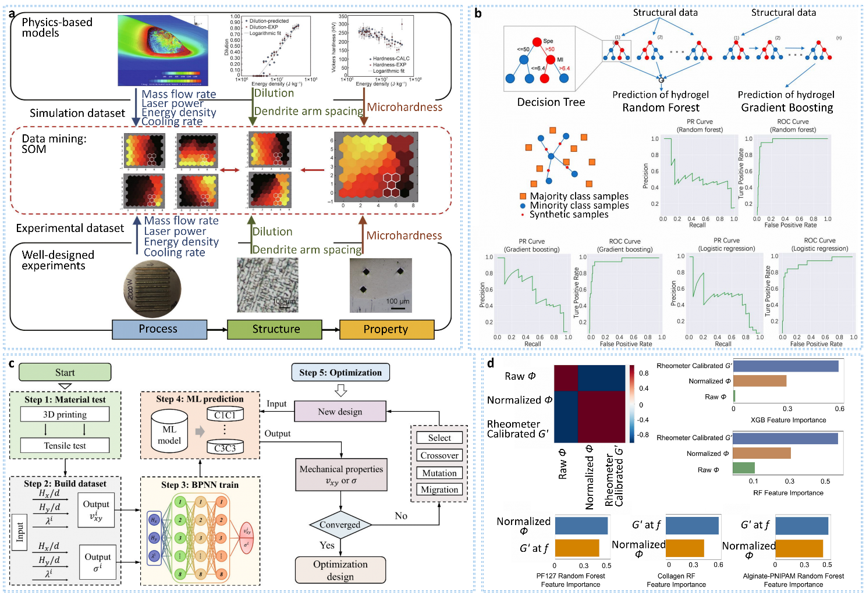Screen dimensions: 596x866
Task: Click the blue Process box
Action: (159, 329)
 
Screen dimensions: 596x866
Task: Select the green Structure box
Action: (274, 329)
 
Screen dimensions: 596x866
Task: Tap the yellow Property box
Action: (386, 329)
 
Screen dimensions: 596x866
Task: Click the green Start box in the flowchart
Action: (65, 372)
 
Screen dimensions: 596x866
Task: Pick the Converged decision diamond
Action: (340, 524)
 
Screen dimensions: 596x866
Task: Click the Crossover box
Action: (439, 455)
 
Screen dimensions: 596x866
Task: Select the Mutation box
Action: (439, 473)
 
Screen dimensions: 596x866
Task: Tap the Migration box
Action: (439, 490)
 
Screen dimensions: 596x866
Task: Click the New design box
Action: (340, 412)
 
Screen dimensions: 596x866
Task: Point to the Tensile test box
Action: (65, 445)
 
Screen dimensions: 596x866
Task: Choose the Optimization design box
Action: (340, 570)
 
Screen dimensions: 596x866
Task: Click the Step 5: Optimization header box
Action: (340, 373)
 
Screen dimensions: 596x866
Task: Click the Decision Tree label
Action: (551, 102)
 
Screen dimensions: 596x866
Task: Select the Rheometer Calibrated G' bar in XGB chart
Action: (786, 366)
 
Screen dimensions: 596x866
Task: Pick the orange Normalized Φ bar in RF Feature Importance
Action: (761, 453)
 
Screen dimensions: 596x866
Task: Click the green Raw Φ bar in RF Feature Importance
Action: (743, 468)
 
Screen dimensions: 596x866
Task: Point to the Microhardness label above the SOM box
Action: (404, 108)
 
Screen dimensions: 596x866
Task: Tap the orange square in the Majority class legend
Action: (523, 197)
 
